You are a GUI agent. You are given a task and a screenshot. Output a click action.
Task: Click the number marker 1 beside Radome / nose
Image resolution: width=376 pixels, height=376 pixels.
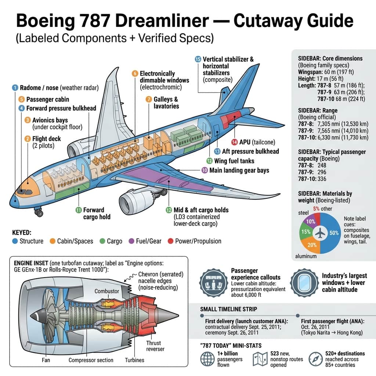[15, 87]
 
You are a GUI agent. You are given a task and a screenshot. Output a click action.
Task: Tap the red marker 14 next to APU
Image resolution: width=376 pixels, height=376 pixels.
[234, 142]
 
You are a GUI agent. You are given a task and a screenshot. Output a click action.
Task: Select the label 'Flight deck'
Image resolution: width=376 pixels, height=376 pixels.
[46, 139]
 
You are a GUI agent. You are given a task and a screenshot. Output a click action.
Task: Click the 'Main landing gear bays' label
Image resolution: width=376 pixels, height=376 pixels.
[239, 170]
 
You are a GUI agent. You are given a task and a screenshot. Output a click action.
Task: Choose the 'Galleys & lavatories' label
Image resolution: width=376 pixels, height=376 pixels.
[166, 102]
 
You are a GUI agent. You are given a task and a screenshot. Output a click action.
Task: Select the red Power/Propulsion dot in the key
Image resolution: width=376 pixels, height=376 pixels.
[170, 241]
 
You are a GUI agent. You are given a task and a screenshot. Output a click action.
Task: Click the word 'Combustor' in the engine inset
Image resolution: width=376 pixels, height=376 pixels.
[107, 291]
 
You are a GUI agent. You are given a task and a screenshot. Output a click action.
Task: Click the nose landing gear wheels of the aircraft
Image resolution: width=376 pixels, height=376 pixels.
[38, 212]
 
